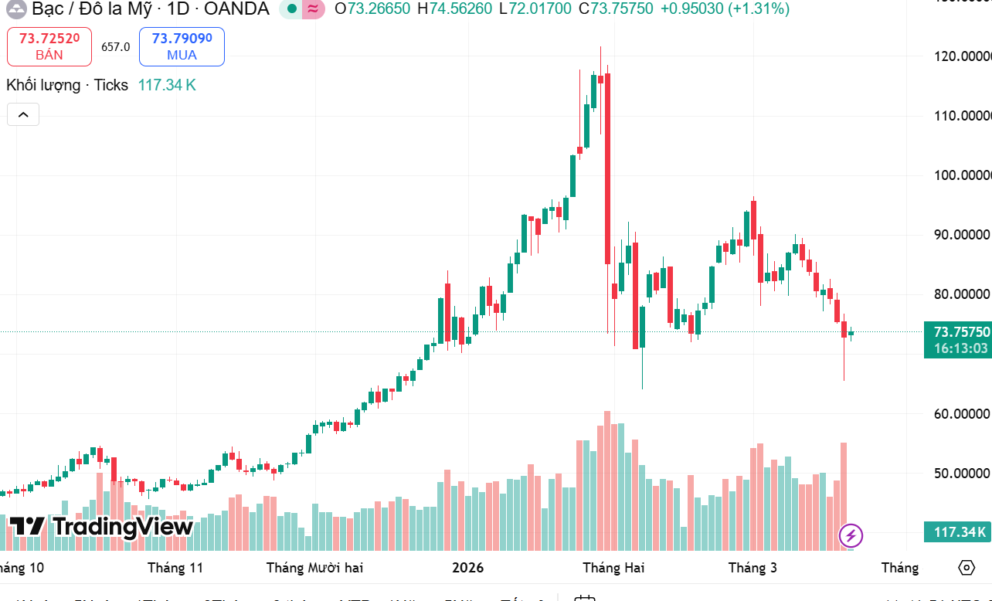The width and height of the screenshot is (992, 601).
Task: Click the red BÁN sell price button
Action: click(x=49, y=46)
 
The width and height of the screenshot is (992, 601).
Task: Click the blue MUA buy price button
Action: click(x=182, y=46)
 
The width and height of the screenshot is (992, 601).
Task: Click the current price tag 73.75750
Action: click(x=958, y=332)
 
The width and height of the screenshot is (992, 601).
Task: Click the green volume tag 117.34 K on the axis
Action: click(x=958, y=532)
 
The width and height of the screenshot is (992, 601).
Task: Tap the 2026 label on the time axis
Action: click(x=467, y=568)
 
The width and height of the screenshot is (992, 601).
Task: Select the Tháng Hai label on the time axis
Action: click(x=613, y=568)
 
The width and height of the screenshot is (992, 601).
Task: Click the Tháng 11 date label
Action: click(x=175, y=568)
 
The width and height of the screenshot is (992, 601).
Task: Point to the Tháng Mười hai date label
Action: click(x=314, y=568)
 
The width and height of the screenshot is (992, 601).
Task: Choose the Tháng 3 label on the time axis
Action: click(x=752, y=568)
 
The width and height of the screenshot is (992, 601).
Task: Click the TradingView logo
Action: click(x=101, y=527)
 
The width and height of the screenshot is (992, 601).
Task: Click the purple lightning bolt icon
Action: click(x=851, y=535)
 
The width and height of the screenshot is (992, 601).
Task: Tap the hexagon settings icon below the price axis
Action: click(x=967, y=568)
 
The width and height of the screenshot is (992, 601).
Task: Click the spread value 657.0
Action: click(x=115, y=47)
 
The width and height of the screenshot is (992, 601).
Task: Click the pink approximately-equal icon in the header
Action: click(x=313, y=9)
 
